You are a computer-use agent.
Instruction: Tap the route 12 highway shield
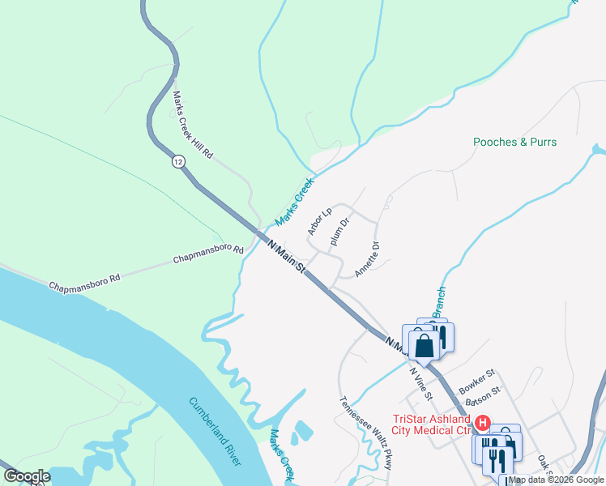tap(177, 162)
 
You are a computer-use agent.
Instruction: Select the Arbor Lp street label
tap(320, 222)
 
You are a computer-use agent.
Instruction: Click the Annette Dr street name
tap(367, 259)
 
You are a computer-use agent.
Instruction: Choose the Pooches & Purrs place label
tap(515, 142)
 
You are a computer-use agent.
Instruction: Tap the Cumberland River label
tap(215, 431)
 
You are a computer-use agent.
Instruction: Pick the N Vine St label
tap(420, 383)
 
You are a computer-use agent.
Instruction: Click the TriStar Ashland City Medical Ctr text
tap(432, 424)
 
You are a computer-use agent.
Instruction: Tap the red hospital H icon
tap(482, 423)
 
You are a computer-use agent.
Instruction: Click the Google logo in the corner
tap(27, 476)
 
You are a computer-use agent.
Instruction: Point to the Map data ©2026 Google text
tap(557, 480)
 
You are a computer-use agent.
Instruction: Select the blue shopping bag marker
tap(424, 346)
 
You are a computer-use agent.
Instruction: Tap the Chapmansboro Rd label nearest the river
tap(84, 283)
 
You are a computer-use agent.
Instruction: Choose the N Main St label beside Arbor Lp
tap(286, 256)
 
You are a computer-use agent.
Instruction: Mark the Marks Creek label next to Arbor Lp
tap(293, 202)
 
